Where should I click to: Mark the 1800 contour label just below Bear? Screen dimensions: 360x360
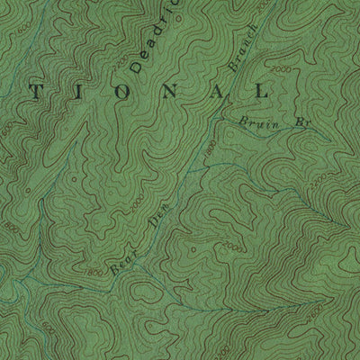tap(93, 271)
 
